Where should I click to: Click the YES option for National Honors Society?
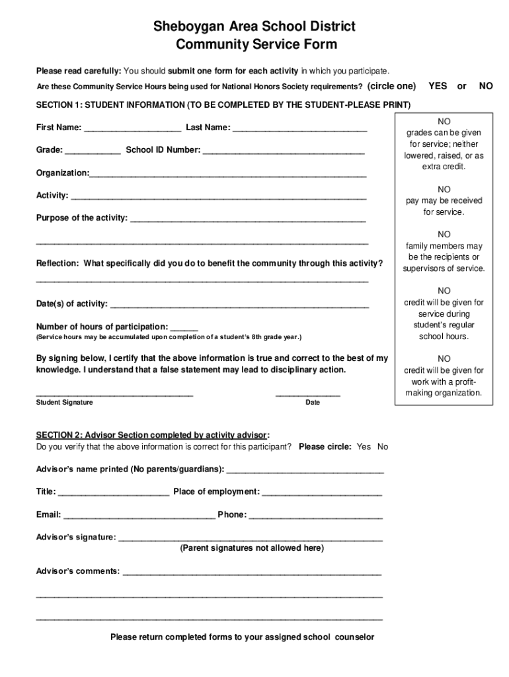(438, 86)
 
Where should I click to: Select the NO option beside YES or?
(486, 86)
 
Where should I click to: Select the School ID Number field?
(284, 151)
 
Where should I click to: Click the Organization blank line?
(228, 174)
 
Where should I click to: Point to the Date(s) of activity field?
(239, 305)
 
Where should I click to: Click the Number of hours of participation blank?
(184, 327)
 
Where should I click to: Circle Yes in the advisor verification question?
(364, 447)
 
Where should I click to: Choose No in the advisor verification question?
(383, 447)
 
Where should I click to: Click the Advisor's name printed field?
(305, 470)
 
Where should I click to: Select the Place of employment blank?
(322, 493)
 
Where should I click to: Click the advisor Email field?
(139, 515)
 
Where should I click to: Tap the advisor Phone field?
(315, 515)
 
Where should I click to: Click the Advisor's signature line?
(250, 538)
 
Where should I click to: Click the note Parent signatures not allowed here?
(252, 548)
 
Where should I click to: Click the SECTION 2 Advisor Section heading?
(152, 435)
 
